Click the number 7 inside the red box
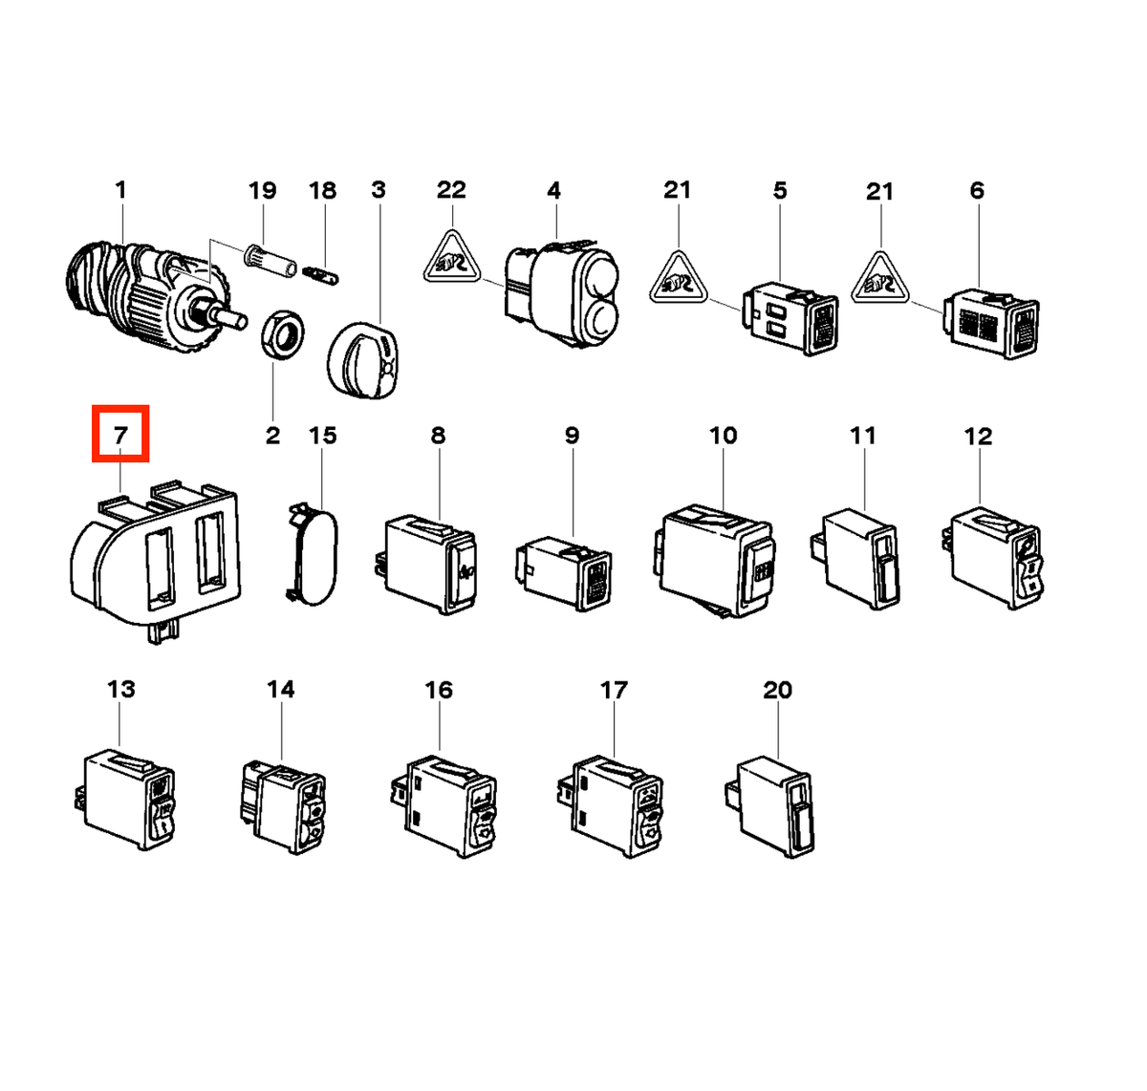click(x=120, y=435)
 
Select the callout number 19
click(x=262, y=190)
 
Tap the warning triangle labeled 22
click(x=452, y=257)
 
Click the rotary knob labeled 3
click(x=362, y=360)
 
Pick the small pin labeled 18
click(x=321, y=274)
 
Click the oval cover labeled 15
click(x=313, y=554)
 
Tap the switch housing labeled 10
click(x=713, y=561)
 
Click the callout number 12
click(x=979, y=437)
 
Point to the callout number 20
click(x=777, y=690)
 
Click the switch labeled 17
click(x=610, y=807)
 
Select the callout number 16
click(x=439, y=690)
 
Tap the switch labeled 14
click(x=283, y=807)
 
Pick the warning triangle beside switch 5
click(x=679, y=278)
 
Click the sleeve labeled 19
click(x=271, y=261)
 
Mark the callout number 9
click(x=572, y=436)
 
